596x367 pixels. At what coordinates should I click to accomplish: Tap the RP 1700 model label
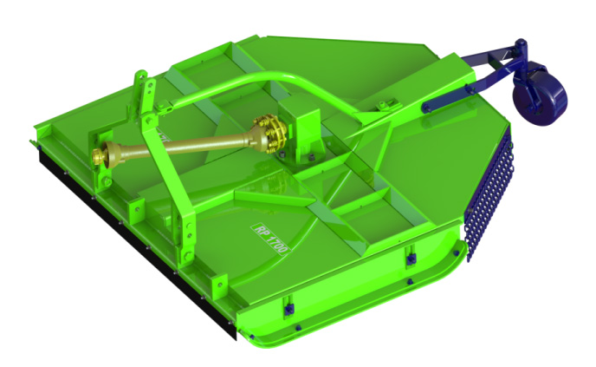point(270,239)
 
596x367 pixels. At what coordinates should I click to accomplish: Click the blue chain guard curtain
point(489,194)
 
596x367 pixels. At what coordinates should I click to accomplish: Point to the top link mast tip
point(140,74)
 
